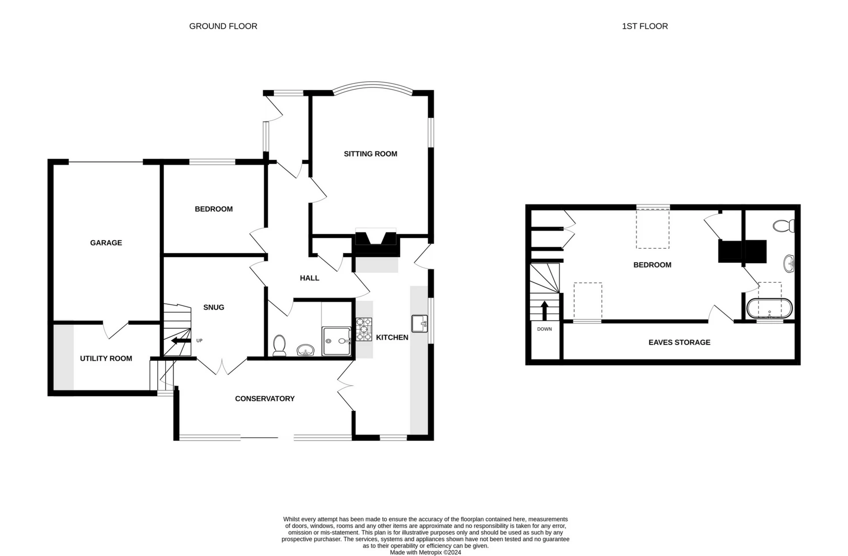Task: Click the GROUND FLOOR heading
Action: point(223,26)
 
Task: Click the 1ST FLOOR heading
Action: point(644,26)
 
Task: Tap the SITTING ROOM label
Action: point(370,154)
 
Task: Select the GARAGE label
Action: point(106,242)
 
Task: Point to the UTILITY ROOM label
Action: point(106,358)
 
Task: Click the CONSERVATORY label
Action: point(265,398)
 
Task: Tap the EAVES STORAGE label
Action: point(679,342)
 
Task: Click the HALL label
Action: point(309,278)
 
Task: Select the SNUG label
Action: point(214,307)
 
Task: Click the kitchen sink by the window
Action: point(419,324)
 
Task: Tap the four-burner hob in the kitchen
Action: point(364,329)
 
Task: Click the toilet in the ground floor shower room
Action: point(279,346)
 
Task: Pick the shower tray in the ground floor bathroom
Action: point(337,341)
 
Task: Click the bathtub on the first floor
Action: point(769,308)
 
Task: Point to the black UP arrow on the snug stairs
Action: point(181,340)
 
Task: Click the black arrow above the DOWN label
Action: point(544,310)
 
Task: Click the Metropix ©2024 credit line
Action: point(425,552)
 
